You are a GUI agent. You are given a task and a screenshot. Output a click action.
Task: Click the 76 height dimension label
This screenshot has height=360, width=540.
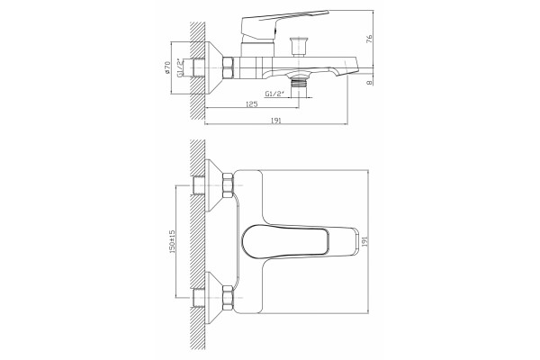click(369, 39)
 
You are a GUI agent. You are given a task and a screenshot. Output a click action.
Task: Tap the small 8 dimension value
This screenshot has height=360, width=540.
click(369, 83)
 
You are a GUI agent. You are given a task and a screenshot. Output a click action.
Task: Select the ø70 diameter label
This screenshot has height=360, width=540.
click(167, 67)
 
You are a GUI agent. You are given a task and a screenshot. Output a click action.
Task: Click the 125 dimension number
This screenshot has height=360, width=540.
click(252, 104)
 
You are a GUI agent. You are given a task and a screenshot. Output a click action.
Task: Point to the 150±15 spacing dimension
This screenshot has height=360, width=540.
click(173, 241)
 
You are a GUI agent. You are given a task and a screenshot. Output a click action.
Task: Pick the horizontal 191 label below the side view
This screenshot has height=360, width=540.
click(276, 121)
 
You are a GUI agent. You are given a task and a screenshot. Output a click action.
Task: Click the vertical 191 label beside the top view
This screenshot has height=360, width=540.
click(365, 241)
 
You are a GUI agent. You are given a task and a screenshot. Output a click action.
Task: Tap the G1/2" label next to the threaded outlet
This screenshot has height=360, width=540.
click(275, 94)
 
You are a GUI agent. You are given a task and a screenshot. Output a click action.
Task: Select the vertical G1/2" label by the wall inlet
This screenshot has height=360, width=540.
click(180, 67)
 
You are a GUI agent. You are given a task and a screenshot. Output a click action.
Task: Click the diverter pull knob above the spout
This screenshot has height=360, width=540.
click(298, 46)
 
